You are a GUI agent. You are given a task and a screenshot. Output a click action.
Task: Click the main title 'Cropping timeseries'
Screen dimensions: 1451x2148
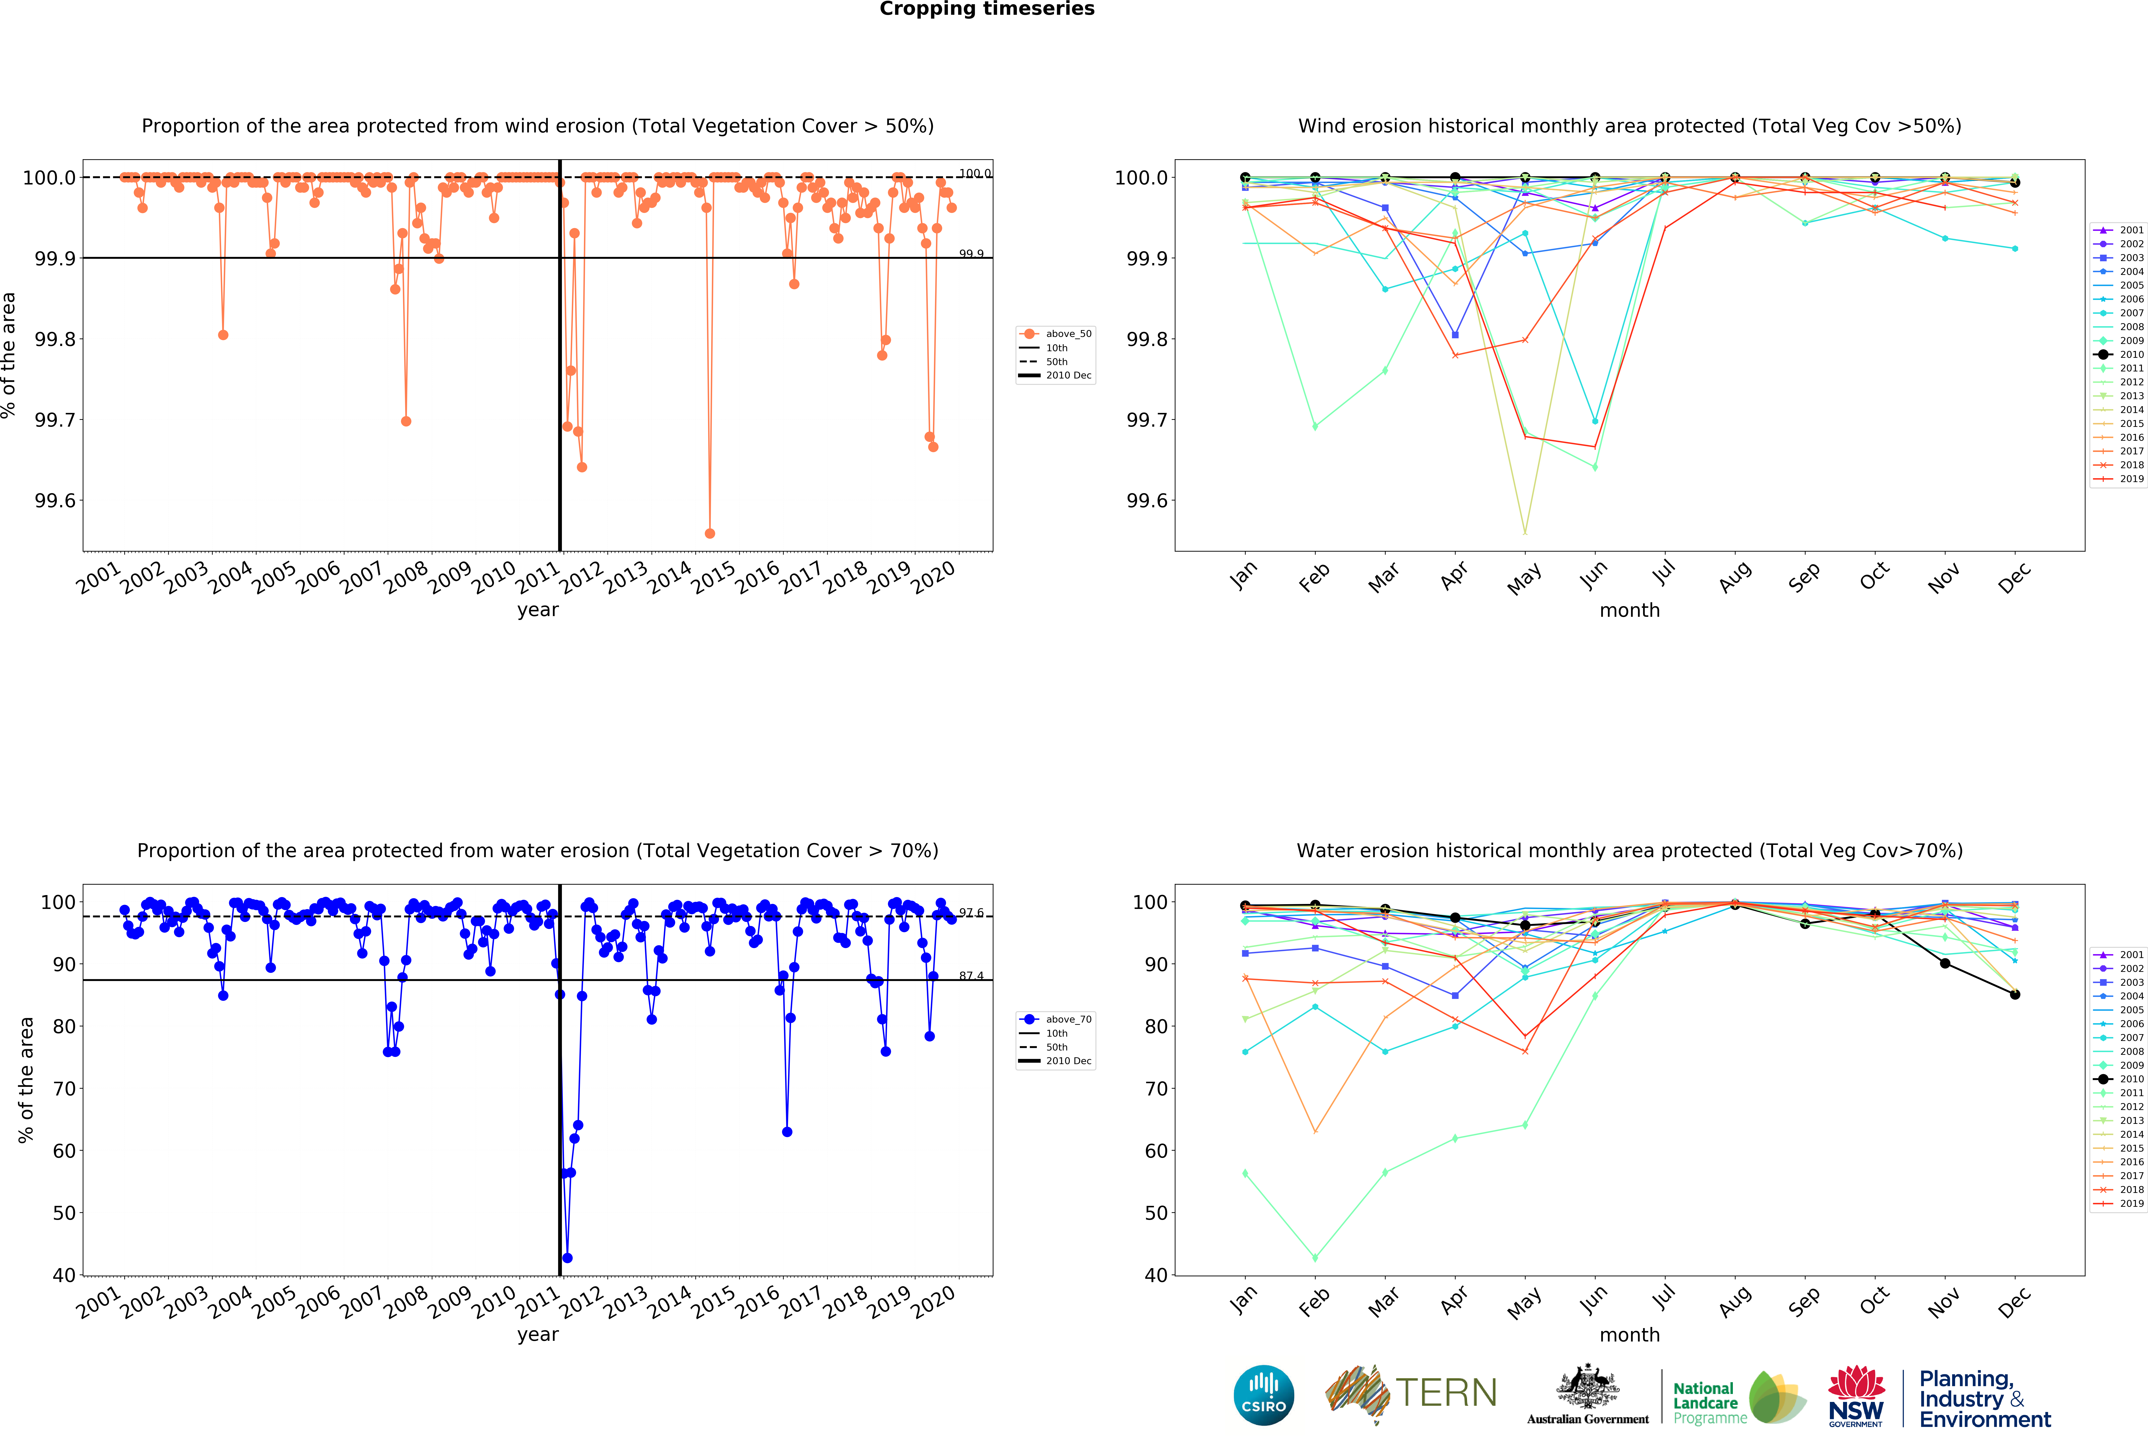tap(986, 9)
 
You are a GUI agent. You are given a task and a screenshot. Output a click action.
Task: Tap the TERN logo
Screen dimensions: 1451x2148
tap(1411, 1393)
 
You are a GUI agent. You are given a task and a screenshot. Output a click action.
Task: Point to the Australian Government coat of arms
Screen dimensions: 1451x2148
tap(1587, 1386)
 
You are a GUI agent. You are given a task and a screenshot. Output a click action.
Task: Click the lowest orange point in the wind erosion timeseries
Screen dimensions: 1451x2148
tap(710, 533)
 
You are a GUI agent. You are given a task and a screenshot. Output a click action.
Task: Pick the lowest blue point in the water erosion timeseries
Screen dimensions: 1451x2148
tap(567, 1258)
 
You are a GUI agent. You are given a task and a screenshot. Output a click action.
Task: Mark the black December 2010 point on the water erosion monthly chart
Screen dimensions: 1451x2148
tap(2015, 994)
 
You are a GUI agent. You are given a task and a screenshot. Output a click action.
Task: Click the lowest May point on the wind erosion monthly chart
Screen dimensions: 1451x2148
tap(1525, 532)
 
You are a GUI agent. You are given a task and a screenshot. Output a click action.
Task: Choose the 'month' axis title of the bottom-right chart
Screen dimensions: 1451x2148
tap(1629, 1334)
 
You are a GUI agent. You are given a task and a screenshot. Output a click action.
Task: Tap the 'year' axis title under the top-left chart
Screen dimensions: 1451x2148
tap(538, 610)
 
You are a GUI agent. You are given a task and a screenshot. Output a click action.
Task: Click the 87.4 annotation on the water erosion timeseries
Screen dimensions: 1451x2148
tap(970, 976)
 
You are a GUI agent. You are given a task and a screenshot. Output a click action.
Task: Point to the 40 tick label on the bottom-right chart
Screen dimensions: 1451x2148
tap(1155, 1275)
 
